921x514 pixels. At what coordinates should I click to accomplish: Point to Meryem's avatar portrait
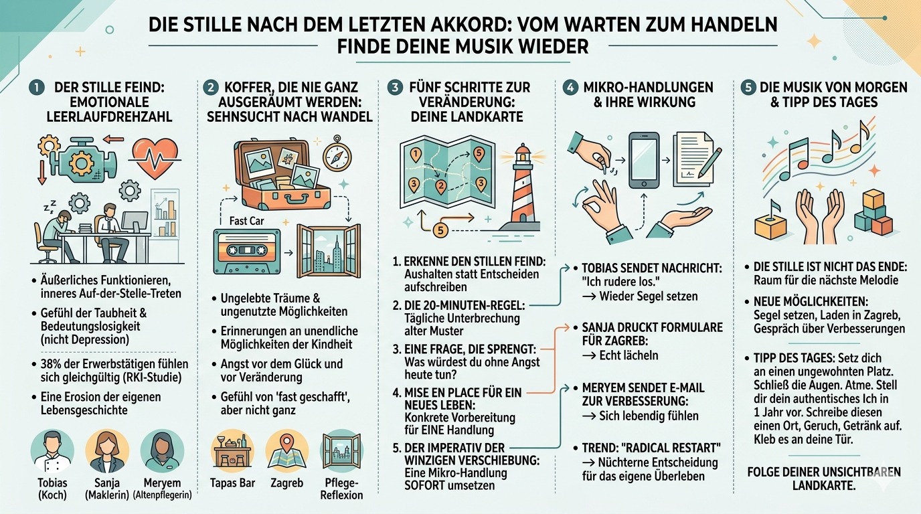click(162, 450)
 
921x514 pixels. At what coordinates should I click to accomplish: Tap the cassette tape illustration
click(246, 251)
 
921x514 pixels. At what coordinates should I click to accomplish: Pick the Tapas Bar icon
click(232, 451)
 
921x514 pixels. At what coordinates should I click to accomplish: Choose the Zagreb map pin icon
click(286, 451)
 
